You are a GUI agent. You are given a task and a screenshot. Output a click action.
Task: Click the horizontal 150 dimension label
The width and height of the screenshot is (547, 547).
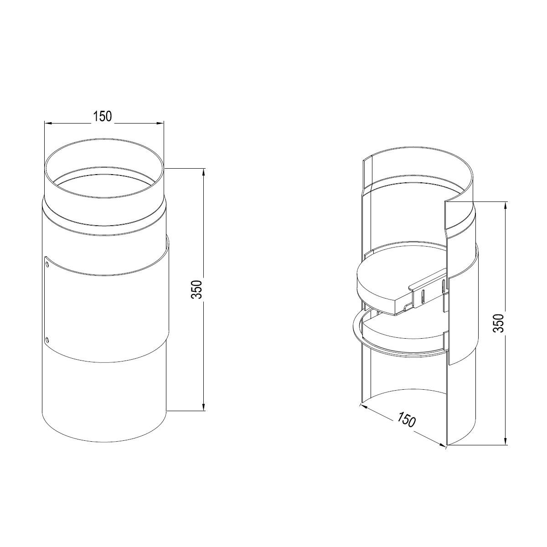103,117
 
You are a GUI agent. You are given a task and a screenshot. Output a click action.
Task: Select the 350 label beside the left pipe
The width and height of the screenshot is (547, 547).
196,289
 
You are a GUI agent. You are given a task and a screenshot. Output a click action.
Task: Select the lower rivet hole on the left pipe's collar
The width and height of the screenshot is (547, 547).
47,339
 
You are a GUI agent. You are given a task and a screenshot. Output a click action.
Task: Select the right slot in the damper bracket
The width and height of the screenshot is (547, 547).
443,286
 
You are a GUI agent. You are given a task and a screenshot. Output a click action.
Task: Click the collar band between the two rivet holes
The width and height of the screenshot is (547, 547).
105,310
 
